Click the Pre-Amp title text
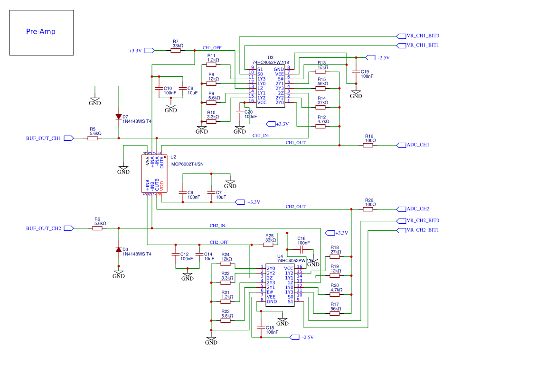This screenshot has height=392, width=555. (41, 32)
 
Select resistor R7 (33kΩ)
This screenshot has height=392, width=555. (176, 50)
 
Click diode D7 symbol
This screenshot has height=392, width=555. (118, 117)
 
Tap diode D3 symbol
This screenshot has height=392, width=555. (118, 250)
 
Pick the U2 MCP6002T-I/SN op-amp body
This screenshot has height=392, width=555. (153, 174)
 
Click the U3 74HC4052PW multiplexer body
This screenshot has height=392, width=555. (271, 86)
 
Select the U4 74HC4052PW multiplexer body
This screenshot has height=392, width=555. (280, 285)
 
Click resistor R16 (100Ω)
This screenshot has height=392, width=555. (368, 146)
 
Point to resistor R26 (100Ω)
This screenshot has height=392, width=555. (368, 209)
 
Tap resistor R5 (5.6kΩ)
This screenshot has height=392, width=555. (93, 138)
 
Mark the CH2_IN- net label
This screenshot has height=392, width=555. (218, 226)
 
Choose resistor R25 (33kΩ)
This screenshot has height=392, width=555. (270, 245)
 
